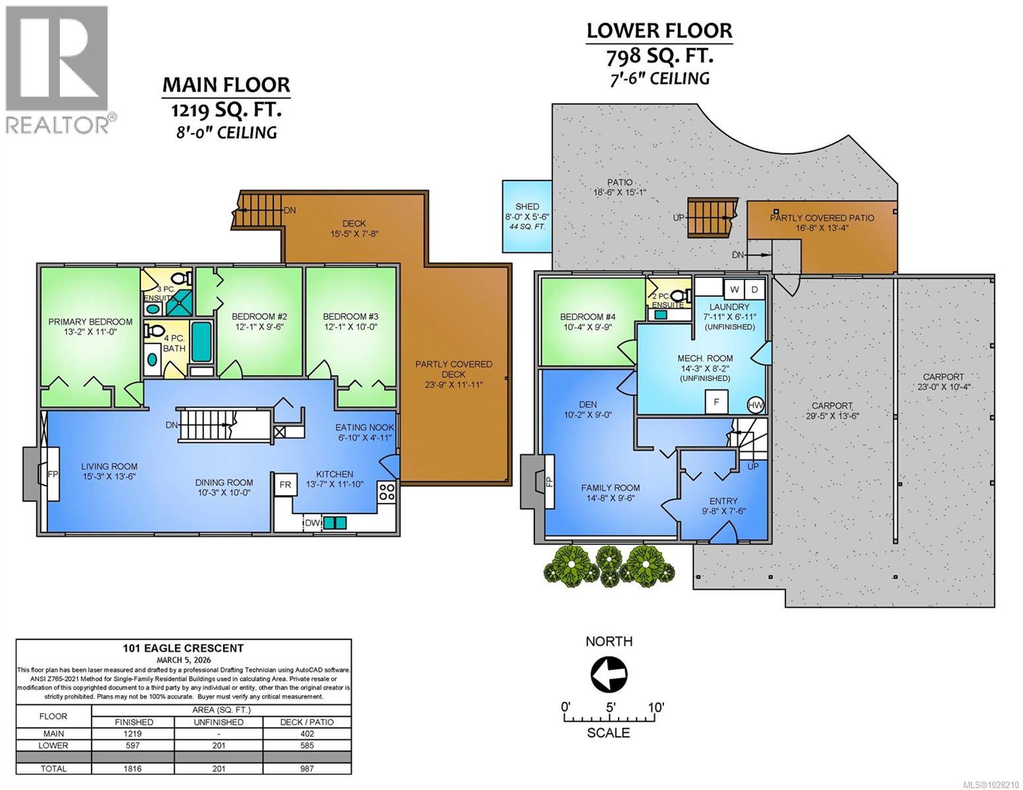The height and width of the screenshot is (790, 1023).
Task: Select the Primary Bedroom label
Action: [90, 322]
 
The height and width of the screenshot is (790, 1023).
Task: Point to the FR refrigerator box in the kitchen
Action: [285, 485]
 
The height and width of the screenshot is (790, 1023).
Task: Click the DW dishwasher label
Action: [312, 523]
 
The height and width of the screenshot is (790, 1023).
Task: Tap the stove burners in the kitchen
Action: [387, 492]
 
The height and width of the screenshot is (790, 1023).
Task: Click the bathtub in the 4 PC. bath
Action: [202, 342]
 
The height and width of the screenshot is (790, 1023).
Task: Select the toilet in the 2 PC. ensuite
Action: [680, 296]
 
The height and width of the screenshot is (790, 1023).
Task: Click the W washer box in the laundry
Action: [734, 290]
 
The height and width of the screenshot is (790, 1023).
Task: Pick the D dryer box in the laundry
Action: [755, 290]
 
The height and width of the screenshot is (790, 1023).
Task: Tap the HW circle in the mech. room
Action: [756, 405]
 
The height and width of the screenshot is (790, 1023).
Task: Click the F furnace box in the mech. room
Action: [717, 402]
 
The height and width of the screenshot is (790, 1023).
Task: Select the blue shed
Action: [527, 216]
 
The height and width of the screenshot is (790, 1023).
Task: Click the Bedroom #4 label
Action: [588, 317]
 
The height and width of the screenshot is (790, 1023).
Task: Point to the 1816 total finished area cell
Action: [133, 768]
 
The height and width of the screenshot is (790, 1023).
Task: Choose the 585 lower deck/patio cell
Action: [307, 745]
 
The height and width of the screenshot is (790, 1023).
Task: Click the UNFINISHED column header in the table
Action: [219, 722]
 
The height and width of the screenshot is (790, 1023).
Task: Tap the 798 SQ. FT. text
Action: [659, 57]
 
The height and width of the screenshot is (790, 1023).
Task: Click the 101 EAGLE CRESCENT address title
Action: [184, 648]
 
